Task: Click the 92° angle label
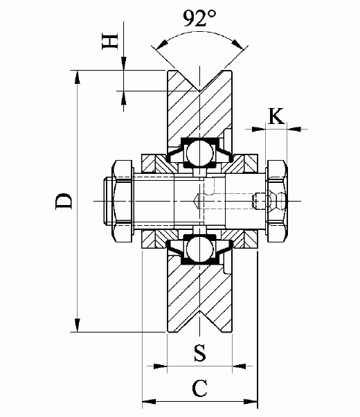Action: pos(201,19)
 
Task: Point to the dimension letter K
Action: pos(275,116)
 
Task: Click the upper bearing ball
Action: pos(200,152)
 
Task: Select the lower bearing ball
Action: pos(200,249)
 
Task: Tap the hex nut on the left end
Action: pos(121,201)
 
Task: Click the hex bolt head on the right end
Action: pos(276,201)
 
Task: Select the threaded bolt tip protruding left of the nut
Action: pos(106,201)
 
